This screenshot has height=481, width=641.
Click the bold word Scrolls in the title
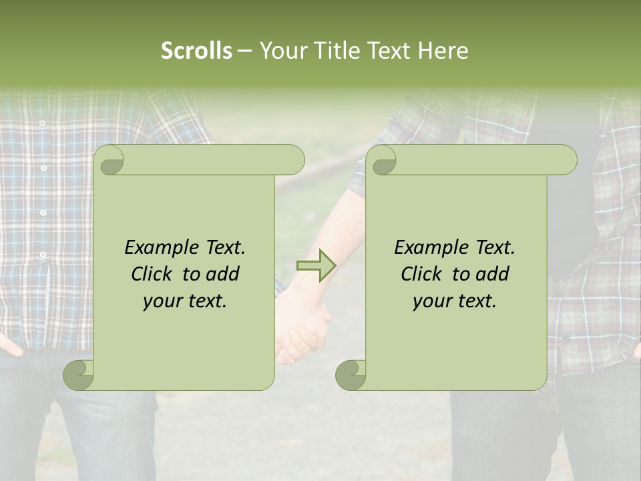[x=196, y=51]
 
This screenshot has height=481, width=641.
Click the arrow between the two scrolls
[x=316, y=265]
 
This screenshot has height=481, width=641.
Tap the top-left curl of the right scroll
[x=383, y=160]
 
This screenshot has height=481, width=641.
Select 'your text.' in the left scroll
[x=185, y=301]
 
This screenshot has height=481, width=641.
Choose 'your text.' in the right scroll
[x=455, y=301]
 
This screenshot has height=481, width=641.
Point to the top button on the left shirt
[x=42, y=124]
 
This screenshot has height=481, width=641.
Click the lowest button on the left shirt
[x=43, y=255]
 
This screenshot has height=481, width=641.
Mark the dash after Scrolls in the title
[x=245, y=51]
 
